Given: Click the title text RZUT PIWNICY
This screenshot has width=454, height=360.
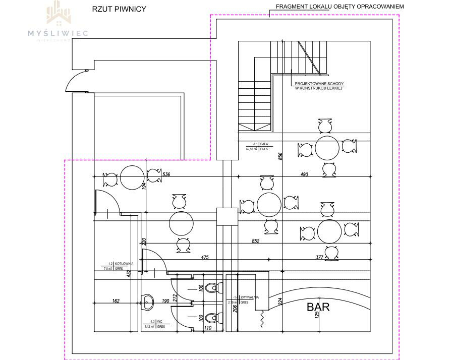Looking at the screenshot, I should tap(119, 9).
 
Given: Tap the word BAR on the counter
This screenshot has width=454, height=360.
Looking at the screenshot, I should tap(318, 307).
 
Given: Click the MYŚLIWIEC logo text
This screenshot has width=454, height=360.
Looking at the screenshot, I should tap(58, 33).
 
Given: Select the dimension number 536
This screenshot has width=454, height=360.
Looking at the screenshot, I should tap(167, 175).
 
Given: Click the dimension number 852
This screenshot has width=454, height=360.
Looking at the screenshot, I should tap(255, 241).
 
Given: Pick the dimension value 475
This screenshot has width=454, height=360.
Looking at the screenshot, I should tap(205, 258).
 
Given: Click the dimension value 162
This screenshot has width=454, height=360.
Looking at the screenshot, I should tap(116, 302).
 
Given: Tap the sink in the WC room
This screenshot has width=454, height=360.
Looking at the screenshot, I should tap(148, 302).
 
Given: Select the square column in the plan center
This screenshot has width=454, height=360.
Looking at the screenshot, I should tap(226, 217).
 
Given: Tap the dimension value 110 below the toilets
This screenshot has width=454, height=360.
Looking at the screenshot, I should tap(207, 329).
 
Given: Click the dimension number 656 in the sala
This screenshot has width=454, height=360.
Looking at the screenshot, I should tap(279, 157).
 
